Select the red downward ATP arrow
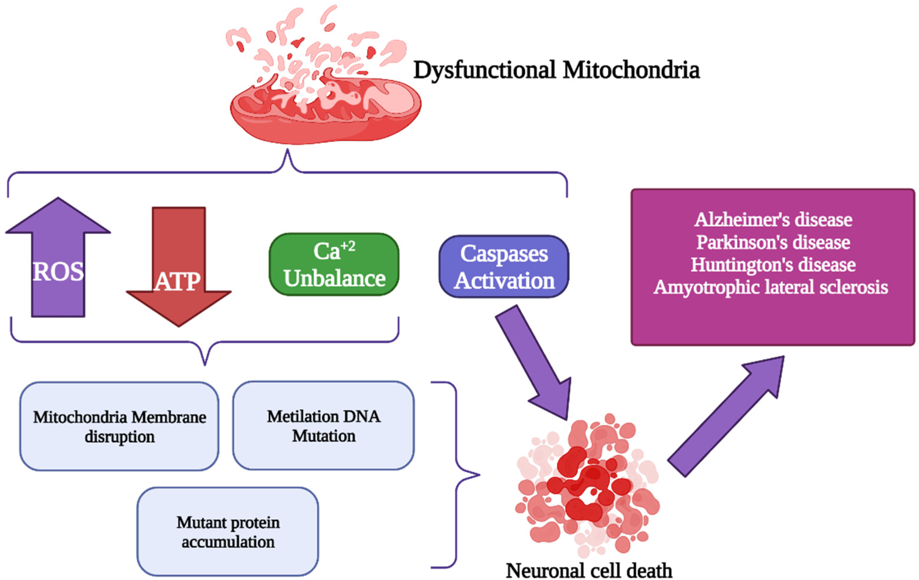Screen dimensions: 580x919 coord(179,267)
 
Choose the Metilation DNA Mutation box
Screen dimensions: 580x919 coord(323,426)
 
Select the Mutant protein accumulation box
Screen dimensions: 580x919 coord(228,532)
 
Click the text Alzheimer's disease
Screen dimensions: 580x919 coord(773,220)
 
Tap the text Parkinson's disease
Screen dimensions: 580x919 coord(773,242)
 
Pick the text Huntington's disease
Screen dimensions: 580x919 coord(773,265)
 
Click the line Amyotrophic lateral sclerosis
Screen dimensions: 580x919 coord(771,287)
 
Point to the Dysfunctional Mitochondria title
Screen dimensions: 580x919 coord(557,71)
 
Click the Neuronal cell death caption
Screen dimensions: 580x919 coord(589,571)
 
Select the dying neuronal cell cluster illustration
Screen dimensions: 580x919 coord(588,485)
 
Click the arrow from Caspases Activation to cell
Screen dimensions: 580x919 coord(534,362)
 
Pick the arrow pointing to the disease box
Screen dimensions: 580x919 coord(725,416)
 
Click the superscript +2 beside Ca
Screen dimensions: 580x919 coord(348,246)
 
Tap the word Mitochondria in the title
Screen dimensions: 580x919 coord(631,71)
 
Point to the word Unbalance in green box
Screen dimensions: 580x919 coord(334,278)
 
